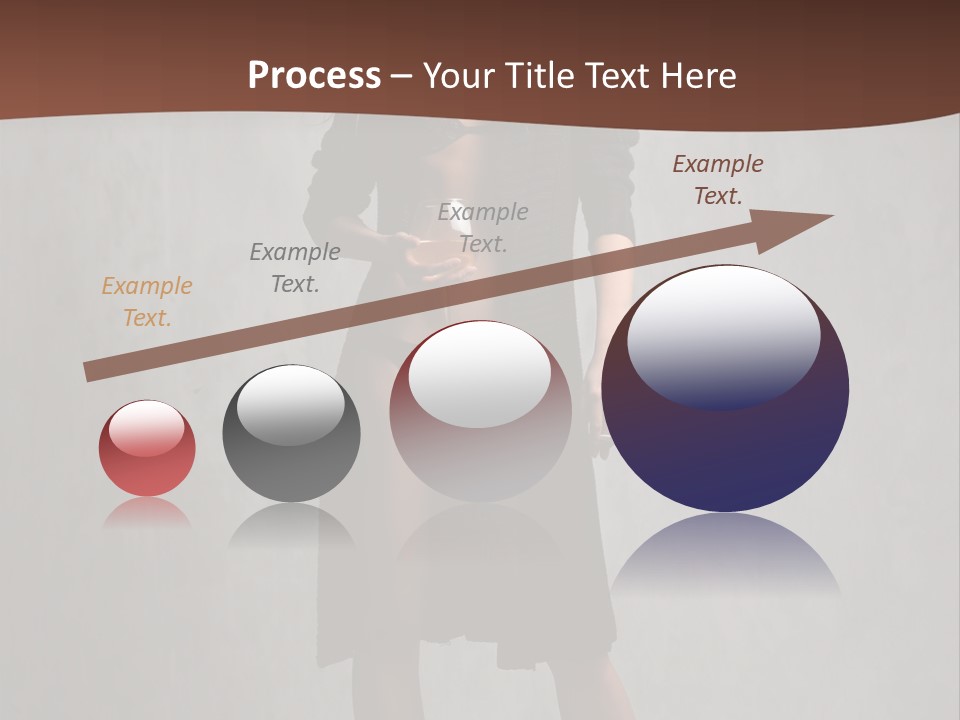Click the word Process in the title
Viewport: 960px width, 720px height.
[314, 75]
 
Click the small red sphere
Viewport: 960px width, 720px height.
[147, 449]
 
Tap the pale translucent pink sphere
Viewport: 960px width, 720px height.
[481, 420]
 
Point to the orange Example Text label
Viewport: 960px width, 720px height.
[147, 302]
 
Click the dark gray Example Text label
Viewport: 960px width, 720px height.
[295, 268]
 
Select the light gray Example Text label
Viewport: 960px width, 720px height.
[483, 227]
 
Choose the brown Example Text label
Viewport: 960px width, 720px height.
[718, 180]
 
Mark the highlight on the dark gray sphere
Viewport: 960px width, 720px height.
[291, 405]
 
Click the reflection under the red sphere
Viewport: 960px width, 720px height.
[147, 513]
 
